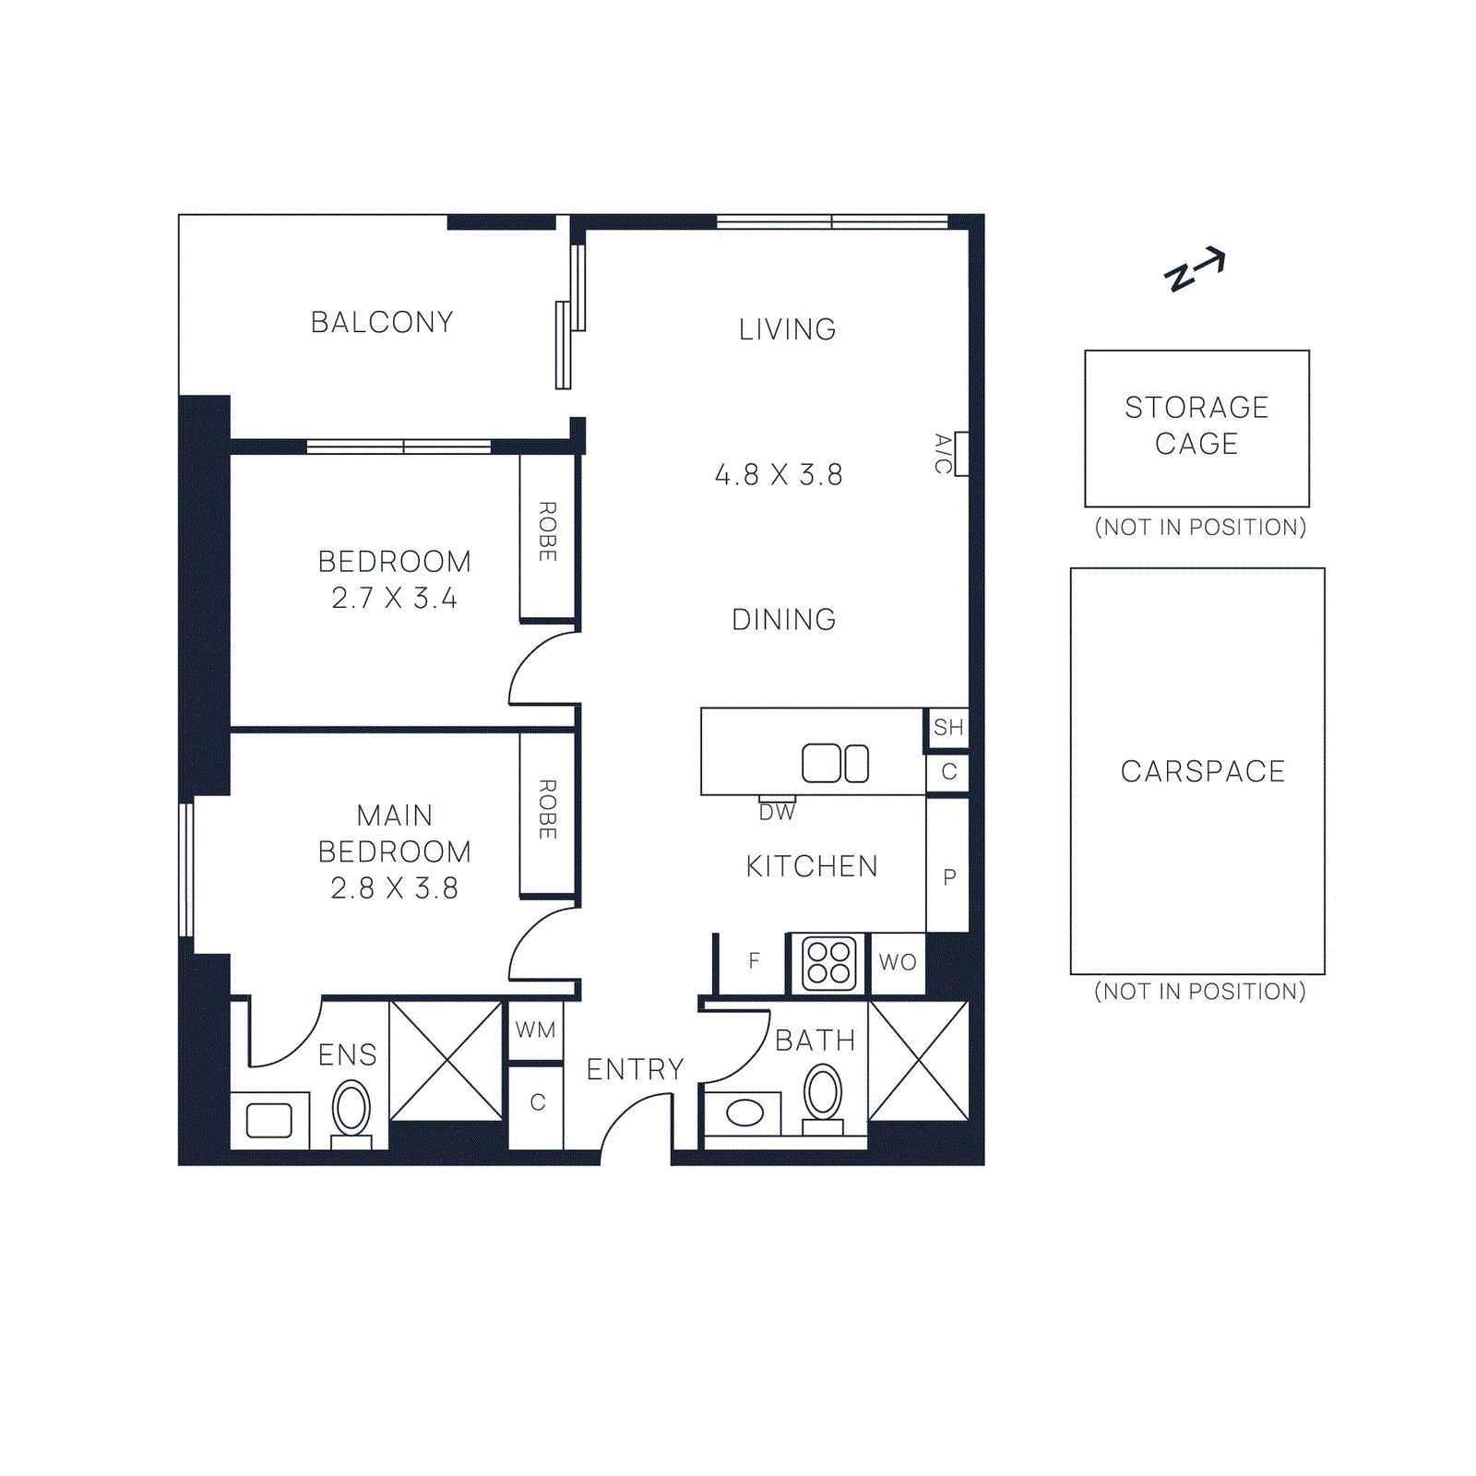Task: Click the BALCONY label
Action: click(382, 322)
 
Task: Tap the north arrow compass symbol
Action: click(1195, 269)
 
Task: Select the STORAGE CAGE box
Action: click(1196, 427)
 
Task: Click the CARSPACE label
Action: click(1202, 771)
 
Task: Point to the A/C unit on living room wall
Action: click(960, 453)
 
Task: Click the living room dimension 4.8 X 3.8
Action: click(779, 475)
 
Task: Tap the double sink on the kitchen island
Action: click(835, 763)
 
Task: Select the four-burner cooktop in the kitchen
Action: click(828, 963)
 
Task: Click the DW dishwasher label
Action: click(777, 812)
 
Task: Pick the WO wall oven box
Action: click(898, 963)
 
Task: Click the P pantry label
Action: click(949, 877)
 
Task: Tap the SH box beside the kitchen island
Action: click(947, 728)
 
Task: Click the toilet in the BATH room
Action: click(823, 1095)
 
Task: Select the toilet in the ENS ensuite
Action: click(351, 1111)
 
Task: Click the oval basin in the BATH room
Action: click(744, 1113)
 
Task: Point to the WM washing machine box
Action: click(535, 1030)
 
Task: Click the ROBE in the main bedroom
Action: click(547, 810)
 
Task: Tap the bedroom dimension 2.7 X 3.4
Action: click(394, 599)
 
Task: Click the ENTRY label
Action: click(635, 1069)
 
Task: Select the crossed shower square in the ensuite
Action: click(447, 1060)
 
